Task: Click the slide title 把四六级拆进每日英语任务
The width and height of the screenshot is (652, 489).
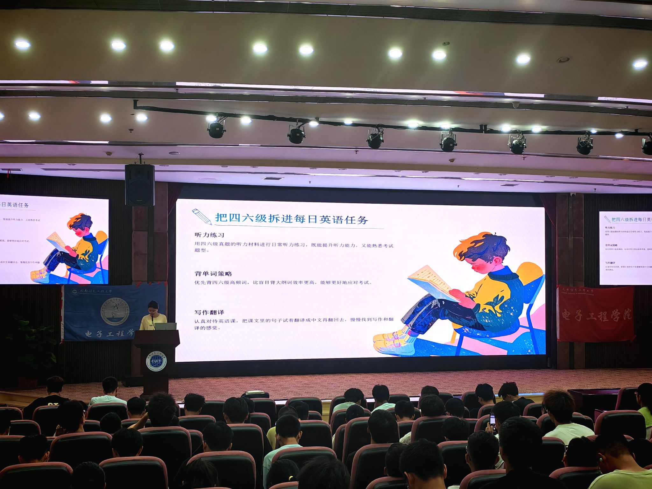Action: tap(292, 219)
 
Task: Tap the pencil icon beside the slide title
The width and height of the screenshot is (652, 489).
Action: tap(202, 216)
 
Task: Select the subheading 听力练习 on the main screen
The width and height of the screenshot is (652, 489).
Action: tap(209, 235)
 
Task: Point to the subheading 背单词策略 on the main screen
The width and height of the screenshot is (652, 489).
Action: tap(213, 273)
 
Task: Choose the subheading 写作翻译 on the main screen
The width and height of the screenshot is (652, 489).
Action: tap(209, 312)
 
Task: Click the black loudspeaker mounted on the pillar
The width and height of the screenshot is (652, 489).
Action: tap(139, 185)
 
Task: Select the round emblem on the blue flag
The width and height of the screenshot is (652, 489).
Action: tap(115, 311)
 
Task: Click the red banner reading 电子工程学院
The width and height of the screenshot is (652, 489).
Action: tap(595, 314)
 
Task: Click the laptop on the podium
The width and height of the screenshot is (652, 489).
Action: tap(166, 326)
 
